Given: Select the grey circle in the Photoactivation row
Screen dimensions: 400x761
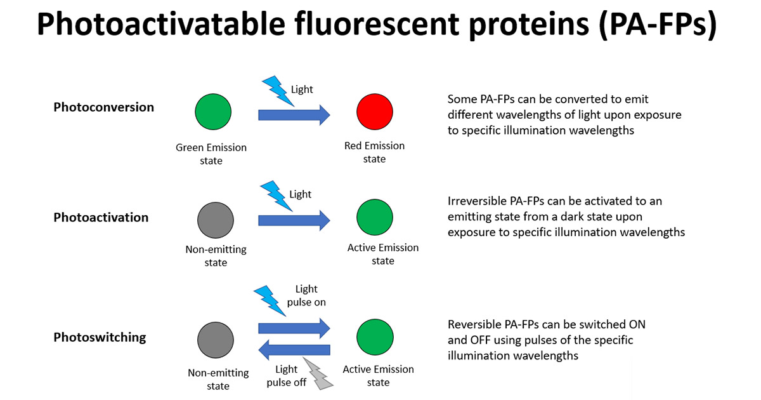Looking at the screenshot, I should pyautogui.click(x=216, y=220).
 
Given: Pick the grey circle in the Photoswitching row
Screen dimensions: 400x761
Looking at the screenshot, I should pyautogui.click(x=216, y=340).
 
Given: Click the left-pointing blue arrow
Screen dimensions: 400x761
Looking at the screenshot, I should pyautogui.click(x=294, y=350).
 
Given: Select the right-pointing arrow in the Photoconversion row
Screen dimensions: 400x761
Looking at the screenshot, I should pyautogui.click(x=294, y=115).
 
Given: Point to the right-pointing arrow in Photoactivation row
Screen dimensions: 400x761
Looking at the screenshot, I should pyautogui.click(x=294, y=220).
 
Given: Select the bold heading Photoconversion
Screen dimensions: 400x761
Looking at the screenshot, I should pyautogui.click(x=103, y=107).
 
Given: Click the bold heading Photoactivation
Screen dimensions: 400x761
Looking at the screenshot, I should pyautogui.click(x=101, y=217).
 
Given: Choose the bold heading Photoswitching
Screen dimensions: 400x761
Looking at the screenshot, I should pyautogui.click(x=100, y=337).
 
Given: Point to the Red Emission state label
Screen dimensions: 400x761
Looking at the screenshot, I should pyautogui.click(x=374, y=152).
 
